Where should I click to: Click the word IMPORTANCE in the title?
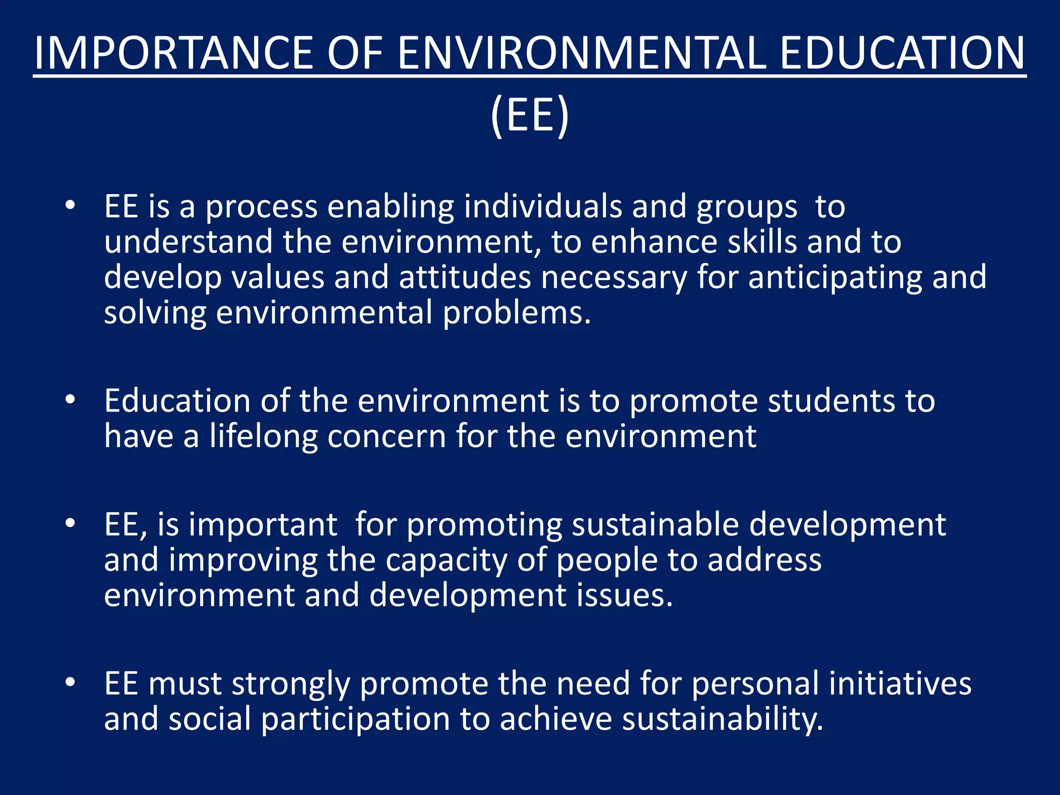tap(174, 53)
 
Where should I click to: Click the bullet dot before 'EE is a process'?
tap(70, 206)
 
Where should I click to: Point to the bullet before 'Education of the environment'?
tap(70, 400)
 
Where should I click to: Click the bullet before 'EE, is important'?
tap(70, 524)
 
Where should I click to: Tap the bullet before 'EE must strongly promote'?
tap(70, 683)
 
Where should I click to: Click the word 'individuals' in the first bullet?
tap(543, 207)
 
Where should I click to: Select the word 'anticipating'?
tap(835, 277)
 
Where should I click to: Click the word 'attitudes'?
tap(465, 277)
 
